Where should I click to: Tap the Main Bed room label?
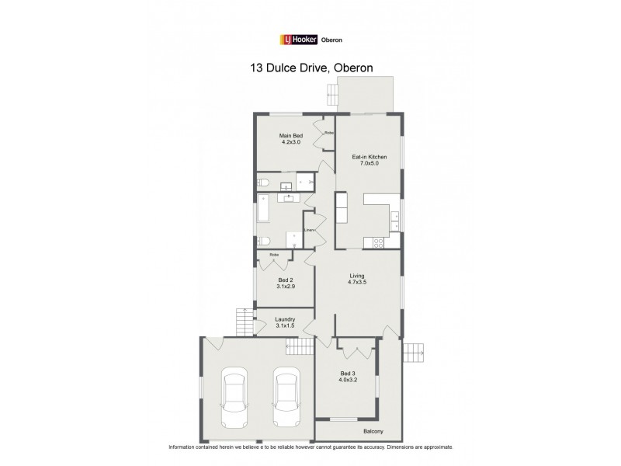291,137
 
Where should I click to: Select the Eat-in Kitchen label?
369,157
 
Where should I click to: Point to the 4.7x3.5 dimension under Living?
358,283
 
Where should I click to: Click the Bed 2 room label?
286,280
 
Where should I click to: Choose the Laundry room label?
286,318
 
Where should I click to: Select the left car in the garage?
234,397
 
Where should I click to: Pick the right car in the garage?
286,397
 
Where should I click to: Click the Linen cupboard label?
309,230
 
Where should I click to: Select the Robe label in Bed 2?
274,255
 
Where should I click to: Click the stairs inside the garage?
305,346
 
